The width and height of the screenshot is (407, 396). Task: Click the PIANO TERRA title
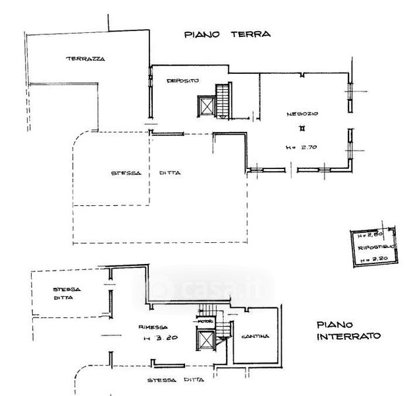(x=227, y=34)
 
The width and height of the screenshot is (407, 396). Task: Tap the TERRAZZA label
(x=85, y=59)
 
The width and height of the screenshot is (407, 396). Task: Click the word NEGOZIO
(x=302, y=114)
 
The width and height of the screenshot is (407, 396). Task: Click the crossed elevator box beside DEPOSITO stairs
(x=206, y=105)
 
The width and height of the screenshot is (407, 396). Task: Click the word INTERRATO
(x=348, y=336)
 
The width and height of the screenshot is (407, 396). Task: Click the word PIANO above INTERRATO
(x=336, y=324)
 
